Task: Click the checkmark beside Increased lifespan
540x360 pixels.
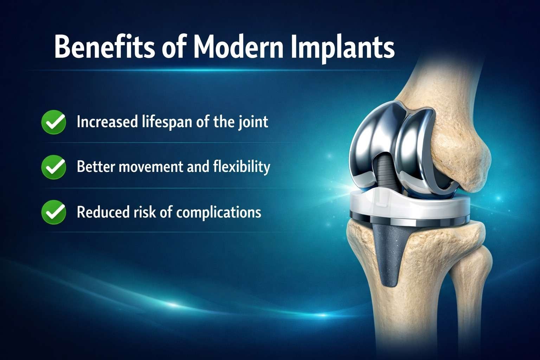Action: pos(53,122)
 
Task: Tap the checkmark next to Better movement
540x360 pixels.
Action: pos(53,167)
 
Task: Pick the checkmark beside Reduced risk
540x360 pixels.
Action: pos(53,212)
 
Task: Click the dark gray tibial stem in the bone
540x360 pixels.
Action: pos(388,253)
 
